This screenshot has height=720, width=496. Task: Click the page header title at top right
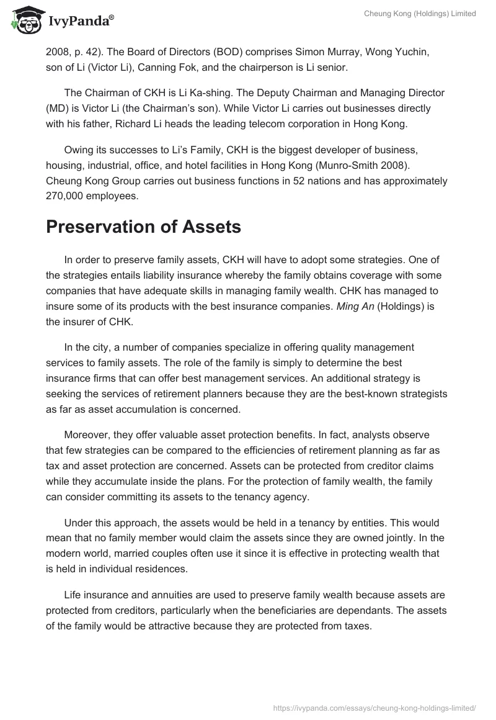420,14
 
